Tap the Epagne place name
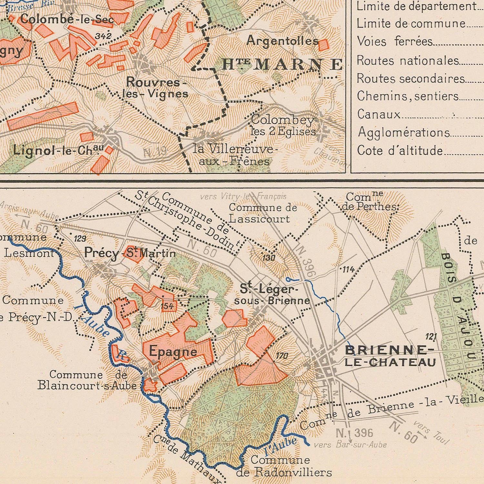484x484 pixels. coord(173,351)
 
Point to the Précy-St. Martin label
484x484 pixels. coord(130,253)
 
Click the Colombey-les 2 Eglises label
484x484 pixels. coord(283,126)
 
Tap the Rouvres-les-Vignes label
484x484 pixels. coord(156,88)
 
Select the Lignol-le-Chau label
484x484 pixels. coord(58,150)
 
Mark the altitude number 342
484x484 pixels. coord(103,36)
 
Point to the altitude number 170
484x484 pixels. coord(282,356)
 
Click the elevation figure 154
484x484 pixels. coord(167,306)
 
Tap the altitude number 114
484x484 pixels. coord(348,269)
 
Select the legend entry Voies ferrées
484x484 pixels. coord(394,42)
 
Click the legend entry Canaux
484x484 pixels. coord(378,114)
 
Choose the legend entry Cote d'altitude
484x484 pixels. coord(400,151)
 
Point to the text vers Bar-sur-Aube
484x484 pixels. coord(350,445)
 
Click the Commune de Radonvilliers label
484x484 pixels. coord(283,466)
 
